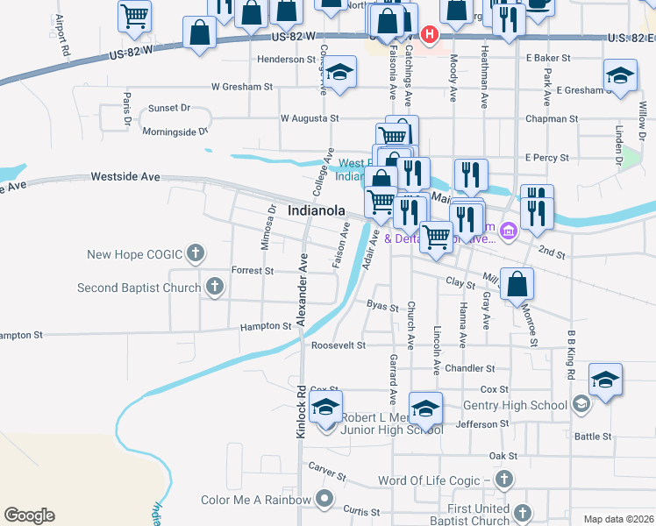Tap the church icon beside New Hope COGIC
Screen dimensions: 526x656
(196, 254)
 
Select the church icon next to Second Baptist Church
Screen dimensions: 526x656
(214, 287)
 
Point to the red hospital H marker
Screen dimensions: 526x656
(430, 34)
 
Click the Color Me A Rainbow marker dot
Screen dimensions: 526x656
(324, 500)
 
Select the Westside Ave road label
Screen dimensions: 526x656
(125, 177)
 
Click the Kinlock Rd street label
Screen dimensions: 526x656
(300, 411)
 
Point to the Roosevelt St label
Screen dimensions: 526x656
(338, 345)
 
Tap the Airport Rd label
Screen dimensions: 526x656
(61, 36)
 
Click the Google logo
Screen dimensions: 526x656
(29, 515)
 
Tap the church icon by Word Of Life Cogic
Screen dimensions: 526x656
(503, 480)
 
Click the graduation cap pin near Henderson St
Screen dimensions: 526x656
(341, 72)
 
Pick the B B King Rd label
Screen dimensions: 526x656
(571, 356)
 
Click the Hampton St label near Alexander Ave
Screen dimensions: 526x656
(266, 326)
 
